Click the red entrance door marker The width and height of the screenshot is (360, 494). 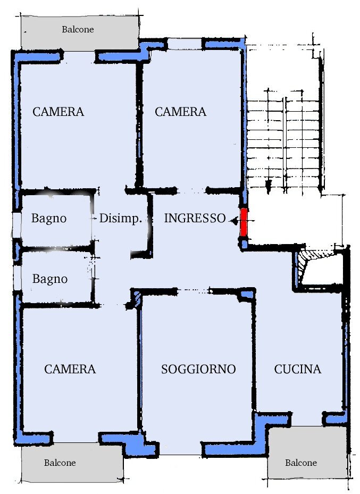[x=244, y=222]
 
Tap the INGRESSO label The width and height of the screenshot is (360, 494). [x=195, y=218]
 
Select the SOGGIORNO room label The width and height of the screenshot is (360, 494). [x=198, y=369]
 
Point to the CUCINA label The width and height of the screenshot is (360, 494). [x=298, y=369]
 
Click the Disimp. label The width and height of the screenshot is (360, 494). [x=120, y=218]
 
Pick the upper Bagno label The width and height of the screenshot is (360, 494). [x=49, y=218]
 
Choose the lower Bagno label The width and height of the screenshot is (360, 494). [x=50, y=279]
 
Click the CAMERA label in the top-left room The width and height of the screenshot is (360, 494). [x=58, y=112]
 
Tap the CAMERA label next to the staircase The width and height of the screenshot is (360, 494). [x=180, y=112]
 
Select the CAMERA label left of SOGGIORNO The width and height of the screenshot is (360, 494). [x=70, y=369]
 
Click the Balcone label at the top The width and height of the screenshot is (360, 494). [x=78, y=30]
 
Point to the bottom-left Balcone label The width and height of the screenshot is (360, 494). [x=60, y=463]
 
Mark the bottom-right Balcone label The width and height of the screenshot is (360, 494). [x=301, y=463]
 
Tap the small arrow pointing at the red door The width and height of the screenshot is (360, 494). [x=233, y=219]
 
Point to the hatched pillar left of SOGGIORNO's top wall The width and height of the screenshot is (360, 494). [x=135, y=299]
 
